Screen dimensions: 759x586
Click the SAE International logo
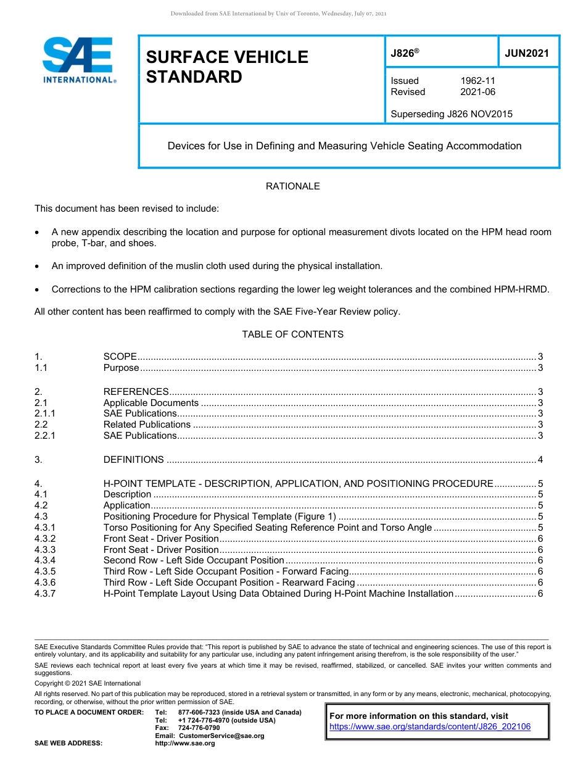point(79,60)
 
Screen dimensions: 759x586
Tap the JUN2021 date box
point(527,53)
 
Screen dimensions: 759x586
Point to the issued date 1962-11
point(477,81)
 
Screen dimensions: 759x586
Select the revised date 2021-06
point(477,92)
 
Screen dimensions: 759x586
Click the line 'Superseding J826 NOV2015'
point(452,114)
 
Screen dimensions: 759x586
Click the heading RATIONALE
point(292,186)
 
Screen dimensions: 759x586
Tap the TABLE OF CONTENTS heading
point(292,334)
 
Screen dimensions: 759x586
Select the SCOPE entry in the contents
point(120,357)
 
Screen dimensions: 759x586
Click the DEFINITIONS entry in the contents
point(133,460)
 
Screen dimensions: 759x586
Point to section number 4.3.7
point(45,594)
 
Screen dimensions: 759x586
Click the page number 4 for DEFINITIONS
point(540,460)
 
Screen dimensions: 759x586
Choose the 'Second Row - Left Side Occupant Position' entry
point(194,560)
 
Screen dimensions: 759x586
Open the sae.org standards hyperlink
point(430,727)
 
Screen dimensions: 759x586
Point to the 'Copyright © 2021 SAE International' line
point(88,683)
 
